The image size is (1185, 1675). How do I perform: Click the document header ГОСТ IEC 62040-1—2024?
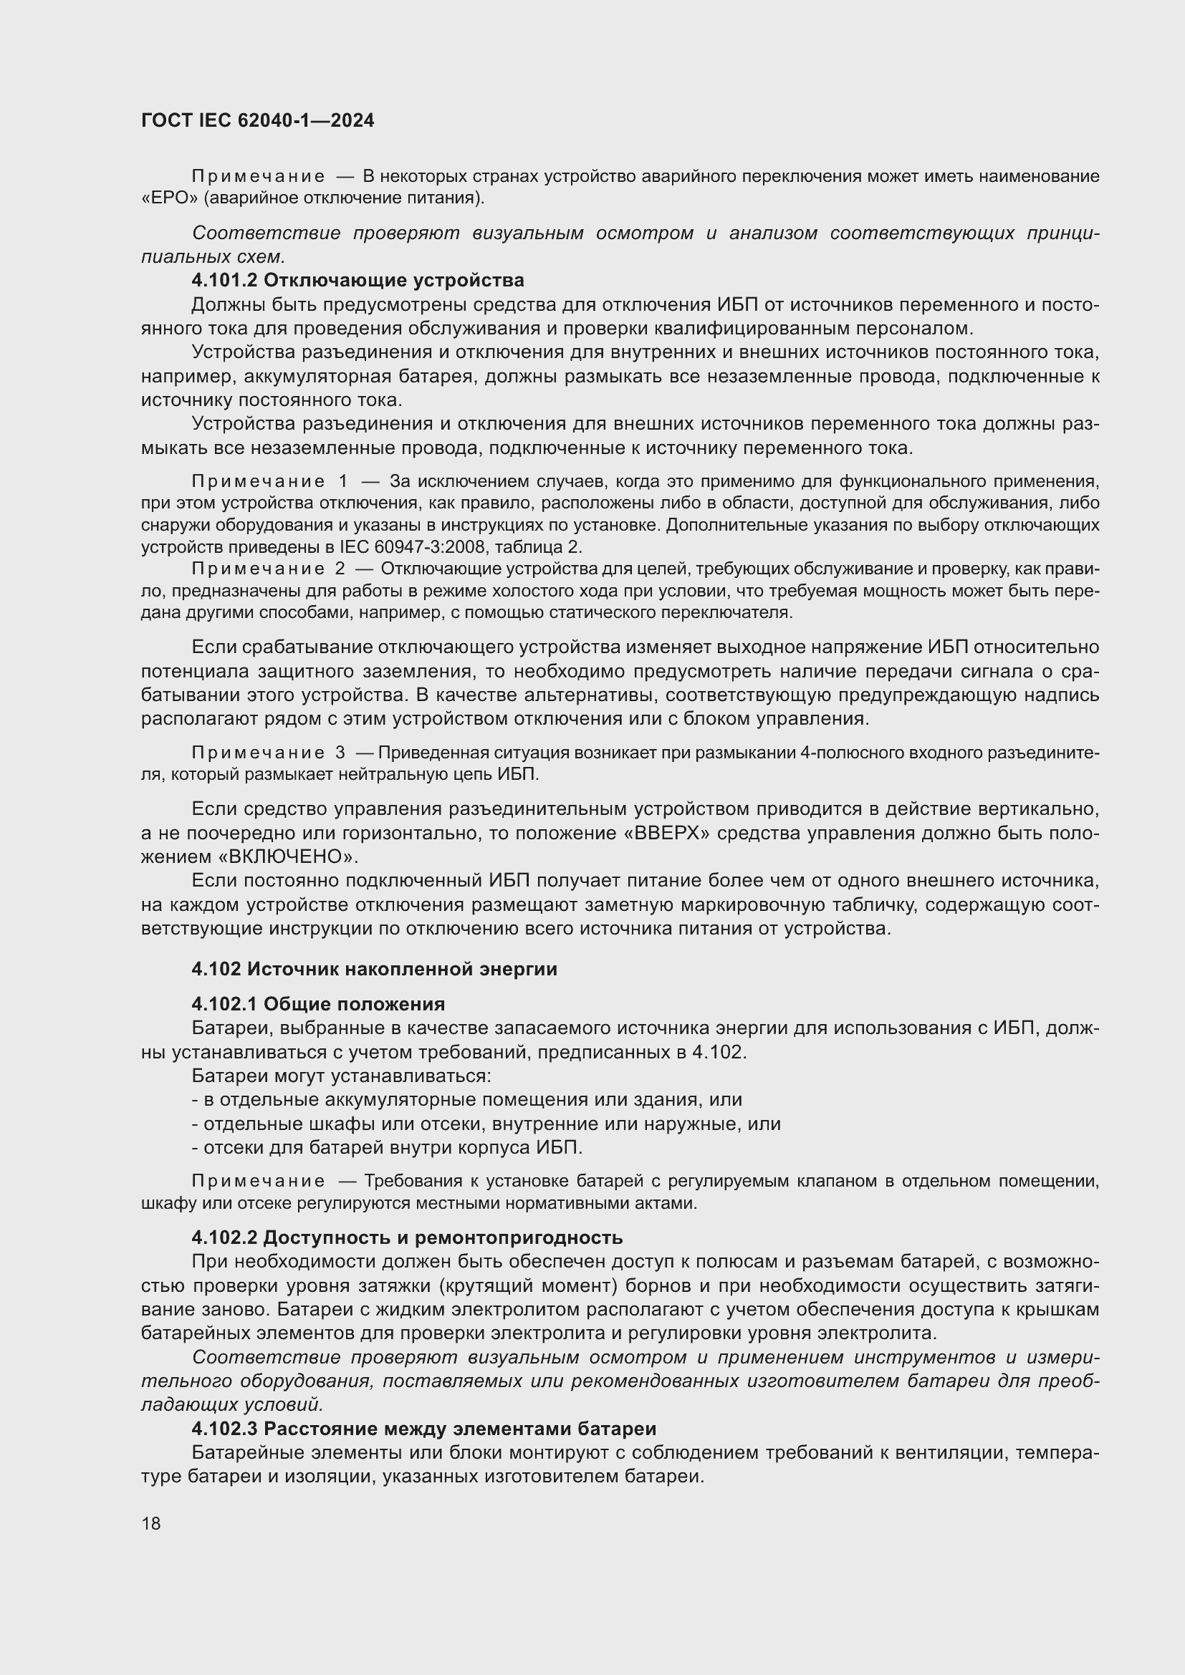[257, 121]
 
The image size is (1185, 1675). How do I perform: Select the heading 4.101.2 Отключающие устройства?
[358, 280]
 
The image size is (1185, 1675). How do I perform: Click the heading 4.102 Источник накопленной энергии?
[374, 969]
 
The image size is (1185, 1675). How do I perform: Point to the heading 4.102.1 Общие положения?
[318, 1004]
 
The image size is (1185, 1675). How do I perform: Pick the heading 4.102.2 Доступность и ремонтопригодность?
[407, 1237]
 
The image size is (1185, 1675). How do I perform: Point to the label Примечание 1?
[270, 481]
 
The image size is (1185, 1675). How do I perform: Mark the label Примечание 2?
[268, 569]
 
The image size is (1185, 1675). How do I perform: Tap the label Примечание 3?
[268, 753]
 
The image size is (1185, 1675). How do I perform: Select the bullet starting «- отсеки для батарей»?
[387, 1147]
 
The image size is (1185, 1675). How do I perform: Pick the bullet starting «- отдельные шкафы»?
[485, 1124]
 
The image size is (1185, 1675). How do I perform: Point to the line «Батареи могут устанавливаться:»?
[342, 1076]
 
